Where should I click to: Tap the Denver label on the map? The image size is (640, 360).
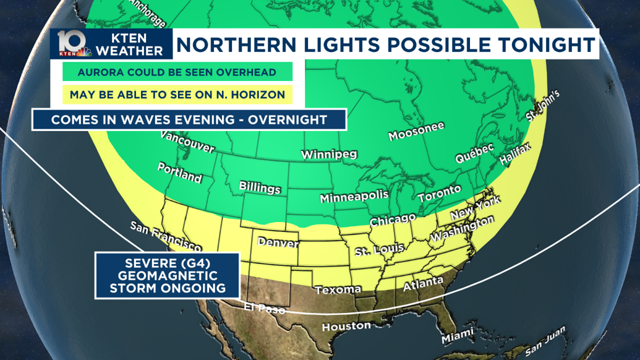(278, 242)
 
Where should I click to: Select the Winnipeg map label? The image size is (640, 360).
(328, 155)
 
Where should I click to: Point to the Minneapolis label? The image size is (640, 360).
(354, 196)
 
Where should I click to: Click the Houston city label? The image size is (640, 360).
(346, 326)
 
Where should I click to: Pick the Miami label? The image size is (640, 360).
(458, 337)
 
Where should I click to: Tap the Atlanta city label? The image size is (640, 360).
(423, 285)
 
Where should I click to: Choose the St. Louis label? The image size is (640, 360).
(379, 250)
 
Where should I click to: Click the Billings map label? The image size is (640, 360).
(260, 187)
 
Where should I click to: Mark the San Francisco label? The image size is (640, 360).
(165, 237)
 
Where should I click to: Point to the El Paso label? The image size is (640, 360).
(264, 308)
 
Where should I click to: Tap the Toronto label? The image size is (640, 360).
(439, 194)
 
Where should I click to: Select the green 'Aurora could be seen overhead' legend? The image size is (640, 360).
(176, 72)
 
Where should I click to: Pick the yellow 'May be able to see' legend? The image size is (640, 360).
(177, 95)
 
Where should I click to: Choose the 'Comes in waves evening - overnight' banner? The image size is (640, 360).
(189, 119)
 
